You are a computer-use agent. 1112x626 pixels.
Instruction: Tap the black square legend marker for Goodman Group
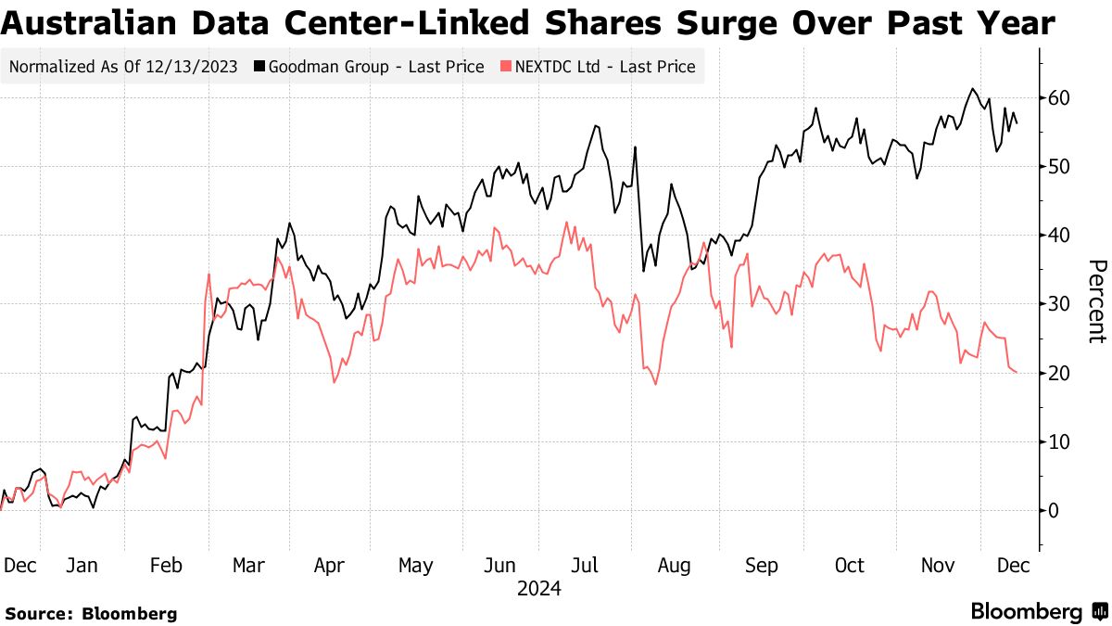261,66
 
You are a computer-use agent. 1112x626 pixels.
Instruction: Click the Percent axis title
1096,301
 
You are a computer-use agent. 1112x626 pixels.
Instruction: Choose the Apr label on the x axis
329,565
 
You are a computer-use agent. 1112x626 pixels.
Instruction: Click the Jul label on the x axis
586,565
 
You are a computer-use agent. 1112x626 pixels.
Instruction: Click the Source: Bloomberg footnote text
91,613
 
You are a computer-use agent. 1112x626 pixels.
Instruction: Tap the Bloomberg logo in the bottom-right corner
1038,612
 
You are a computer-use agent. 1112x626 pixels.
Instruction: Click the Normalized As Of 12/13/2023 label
124,66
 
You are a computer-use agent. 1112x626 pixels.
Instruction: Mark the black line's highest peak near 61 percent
972,89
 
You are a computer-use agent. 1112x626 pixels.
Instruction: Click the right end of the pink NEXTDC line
1017,372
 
